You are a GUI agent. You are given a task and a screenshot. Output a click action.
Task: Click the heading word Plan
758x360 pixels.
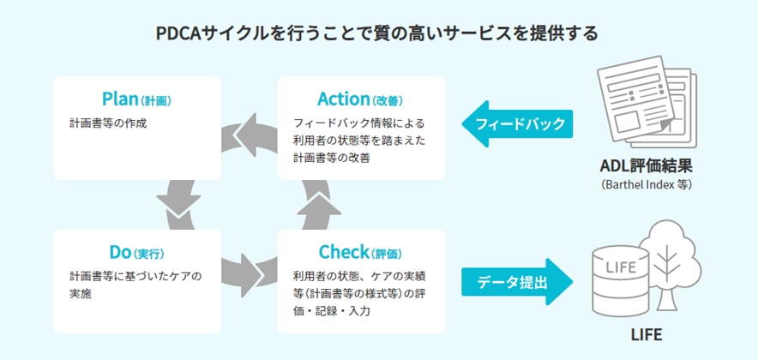120,99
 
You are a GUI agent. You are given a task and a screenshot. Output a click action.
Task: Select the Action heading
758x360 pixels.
344,99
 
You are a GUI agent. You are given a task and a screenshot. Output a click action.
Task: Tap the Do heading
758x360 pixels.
120,252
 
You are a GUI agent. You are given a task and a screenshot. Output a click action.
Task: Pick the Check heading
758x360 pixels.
344,252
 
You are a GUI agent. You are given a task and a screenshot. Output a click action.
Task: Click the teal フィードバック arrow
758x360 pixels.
517,124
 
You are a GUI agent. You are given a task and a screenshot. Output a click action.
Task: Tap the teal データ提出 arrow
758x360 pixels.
517,282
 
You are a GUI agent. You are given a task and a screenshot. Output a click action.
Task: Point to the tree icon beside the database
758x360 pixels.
669,263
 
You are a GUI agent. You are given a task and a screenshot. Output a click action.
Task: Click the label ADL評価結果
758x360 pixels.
646,166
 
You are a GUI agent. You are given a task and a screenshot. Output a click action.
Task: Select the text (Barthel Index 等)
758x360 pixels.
646,185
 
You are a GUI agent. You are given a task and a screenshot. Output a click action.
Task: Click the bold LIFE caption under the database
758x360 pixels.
647,335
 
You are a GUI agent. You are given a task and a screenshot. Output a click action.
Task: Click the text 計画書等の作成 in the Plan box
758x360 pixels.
108,123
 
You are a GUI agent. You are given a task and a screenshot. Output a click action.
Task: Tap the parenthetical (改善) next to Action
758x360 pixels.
388,100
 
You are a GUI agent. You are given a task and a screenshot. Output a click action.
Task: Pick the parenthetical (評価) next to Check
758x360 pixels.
387,254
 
